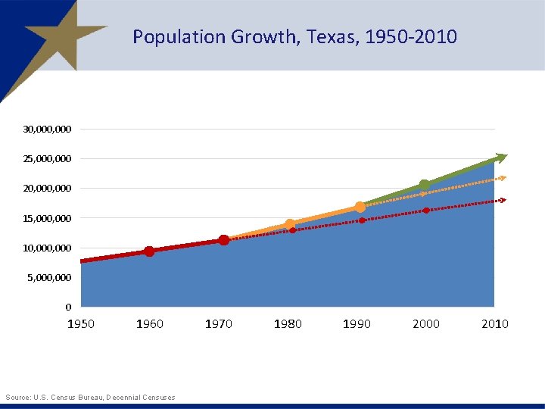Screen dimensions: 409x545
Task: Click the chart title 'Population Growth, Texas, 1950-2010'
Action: click(294, 36)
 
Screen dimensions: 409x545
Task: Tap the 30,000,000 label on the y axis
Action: click(47, 130)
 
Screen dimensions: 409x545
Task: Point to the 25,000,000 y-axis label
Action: click(47, 159)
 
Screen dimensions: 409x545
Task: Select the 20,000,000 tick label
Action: click(47, 189)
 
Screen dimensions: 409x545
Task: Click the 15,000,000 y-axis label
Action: click(47, 219)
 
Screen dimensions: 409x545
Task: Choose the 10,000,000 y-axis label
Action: click(47, 248)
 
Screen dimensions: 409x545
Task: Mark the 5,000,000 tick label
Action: click(50, 278)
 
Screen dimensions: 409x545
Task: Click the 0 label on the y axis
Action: click(68, 308)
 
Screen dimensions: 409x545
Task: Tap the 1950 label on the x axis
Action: click(81, 324)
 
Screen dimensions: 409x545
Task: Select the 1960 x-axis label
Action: click(149, 324)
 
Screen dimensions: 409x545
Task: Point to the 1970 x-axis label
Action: click(219, 324)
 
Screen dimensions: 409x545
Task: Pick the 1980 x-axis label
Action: click(288, 324)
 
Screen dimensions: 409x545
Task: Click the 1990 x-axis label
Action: click(357, 324)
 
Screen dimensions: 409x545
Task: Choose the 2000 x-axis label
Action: click(425, 324)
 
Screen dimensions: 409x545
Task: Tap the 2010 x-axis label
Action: click(495, 324)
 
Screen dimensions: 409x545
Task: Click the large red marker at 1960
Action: click(149, 251)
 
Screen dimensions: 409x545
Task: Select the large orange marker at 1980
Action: click(290, 224)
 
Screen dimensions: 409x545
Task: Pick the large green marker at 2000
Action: click(425, 185)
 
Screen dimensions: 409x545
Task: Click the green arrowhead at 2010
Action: click(500, 158)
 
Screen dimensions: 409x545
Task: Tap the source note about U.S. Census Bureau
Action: click(90, 398)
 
